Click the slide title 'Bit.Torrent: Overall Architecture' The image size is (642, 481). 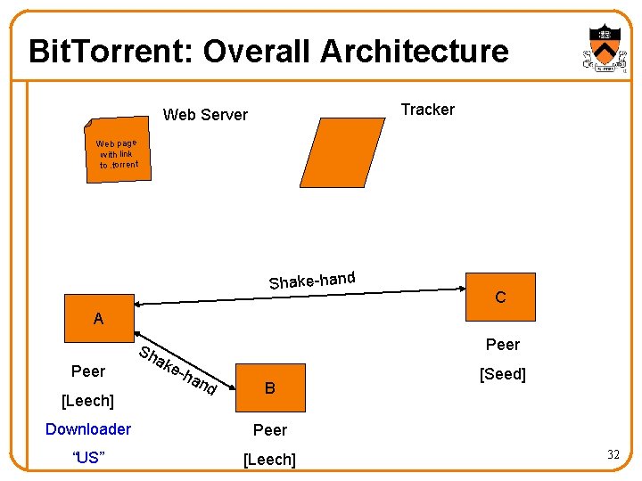point(268,51)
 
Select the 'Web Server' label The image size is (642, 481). point(205,114)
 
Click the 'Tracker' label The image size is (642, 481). point(427,110)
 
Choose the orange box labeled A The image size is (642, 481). point(98,318)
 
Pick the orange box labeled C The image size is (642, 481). point(500,297)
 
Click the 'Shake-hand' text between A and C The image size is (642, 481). point(312,280)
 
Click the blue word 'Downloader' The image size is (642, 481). point(88,429)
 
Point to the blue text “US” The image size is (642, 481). point(88,458)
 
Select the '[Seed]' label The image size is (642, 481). point(503,374)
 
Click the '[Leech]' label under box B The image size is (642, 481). point(270,459)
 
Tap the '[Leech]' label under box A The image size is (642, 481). point(87,401)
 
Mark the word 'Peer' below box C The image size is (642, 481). point(503,344)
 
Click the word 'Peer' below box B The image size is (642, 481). point(270,430)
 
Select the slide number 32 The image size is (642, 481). point(613,455)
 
